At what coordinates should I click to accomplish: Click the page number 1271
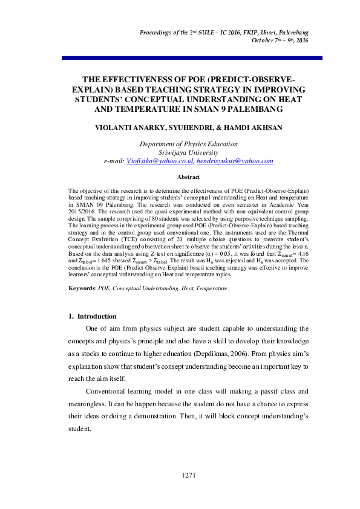[x=188, y=475]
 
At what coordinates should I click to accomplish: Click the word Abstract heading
[x=188, y=177]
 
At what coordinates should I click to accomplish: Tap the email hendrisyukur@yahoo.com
[x=235, y=161]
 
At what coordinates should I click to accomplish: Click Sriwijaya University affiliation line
[x=188, y=153]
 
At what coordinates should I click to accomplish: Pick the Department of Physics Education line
[x=188, y=144]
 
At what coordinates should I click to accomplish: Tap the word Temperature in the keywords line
[x=212, y=289]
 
